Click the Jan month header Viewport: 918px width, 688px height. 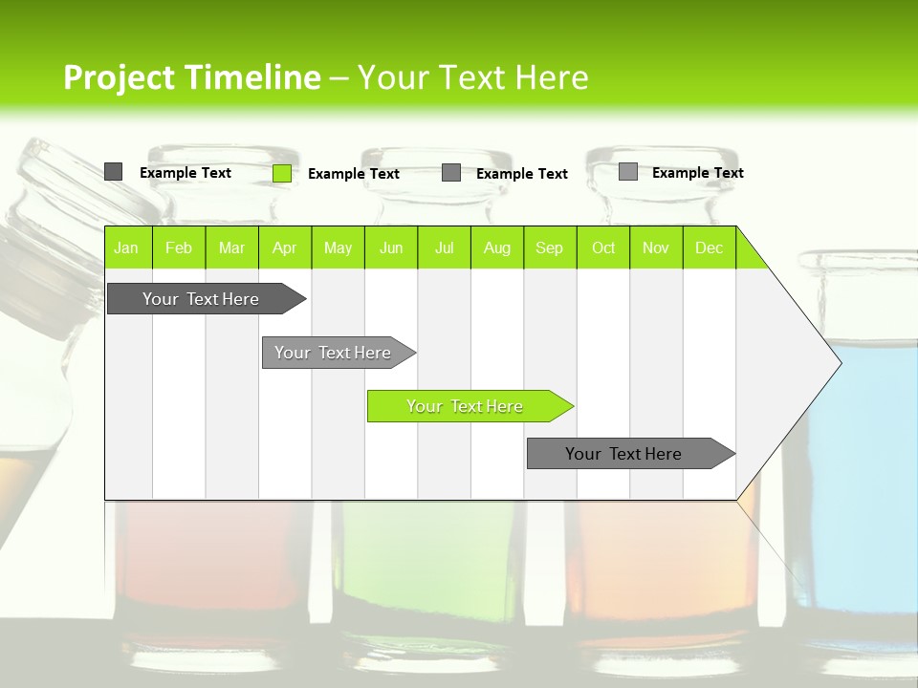[x=126, y=247]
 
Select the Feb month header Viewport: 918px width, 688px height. [x=179, y=247]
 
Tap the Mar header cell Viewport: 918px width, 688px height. [x=231, y=247]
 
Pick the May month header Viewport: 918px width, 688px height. [x=338, y=247]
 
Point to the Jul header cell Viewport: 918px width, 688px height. [x=445, y=247]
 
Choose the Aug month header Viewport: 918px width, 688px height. [x=497, y=247]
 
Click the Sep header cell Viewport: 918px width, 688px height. [x=550, y=247]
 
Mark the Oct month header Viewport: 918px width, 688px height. [x=603, y=247]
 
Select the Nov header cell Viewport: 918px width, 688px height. [x=656, y=247]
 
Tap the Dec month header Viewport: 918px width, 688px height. [x=710, y=247]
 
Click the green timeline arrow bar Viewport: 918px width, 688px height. [x=469, y=406]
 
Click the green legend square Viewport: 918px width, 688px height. [x=282, y=173]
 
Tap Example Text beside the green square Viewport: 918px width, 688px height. [x=354, y=174]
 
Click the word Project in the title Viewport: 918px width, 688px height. [x=119, y=77]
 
